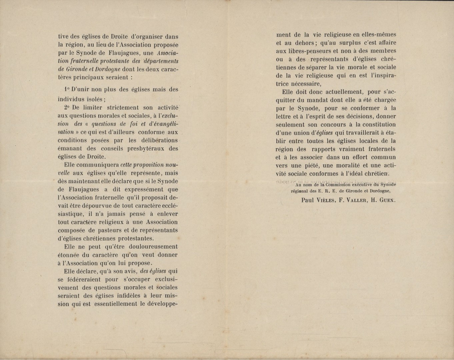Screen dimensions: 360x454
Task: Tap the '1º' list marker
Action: click(67, 90)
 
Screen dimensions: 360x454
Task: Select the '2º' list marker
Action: click(66, 108)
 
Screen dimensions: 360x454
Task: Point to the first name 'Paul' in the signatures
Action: click(307, 200)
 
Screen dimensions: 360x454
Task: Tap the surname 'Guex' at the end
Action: click(386, 200)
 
